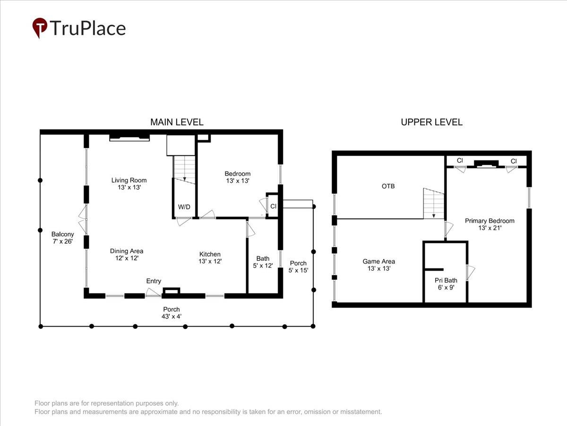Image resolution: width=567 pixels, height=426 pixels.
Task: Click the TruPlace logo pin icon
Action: point(40,27)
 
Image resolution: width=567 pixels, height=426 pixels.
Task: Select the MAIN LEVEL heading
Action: point(177,122)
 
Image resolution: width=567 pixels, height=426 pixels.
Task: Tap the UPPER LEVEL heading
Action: point(432,122)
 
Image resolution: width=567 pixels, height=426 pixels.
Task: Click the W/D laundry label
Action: point(184,207)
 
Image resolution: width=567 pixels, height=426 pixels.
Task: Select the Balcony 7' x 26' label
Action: point(62,238)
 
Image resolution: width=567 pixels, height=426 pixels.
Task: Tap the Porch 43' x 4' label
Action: point(172,313)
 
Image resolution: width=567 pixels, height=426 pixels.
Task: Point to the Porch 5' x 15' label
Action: point(298,266)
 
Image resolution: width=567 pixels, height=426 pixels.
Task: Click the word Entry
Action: point(154,281)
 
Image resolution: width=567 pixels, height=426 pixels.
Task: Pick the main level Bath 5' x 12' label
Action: point(263,262)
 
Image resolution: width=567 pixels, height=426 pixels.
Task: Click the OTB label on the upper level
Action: point(388,186)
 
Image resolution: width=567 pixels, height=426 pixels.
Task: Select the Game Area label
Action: point(378,265)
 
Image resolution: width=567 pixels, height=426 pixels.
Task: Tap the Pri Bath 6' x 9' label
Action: point(446,284)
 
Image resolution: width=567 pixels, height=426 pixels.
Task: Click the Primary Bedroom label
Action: point(490,224)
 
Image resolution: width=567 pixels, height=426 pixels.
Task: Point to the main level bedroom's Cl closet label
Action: point(273,206)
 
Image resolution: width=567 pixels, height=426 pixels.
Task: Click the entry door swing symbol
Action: point(153,292)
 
